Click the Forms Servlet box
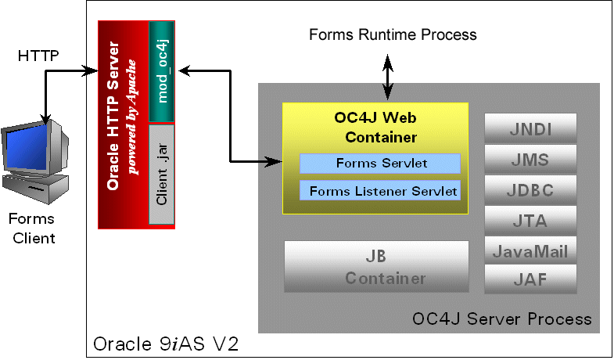pos(380,164)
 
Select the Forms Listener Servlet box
pos(380,190)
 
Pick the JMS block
pos(530,160)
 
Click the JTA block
pos(530,221)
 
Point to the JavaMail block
pos(530,251)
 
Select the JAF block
pos(530,279)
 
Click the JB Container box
pos(376,267)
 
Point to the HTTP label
pos(38,56)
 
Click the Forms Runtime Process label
pos(393,34)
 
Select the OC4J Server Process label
pos(501,319)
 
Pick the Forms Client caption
pos(34,227)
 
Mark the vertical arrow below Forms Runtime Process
pos(386,74)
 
